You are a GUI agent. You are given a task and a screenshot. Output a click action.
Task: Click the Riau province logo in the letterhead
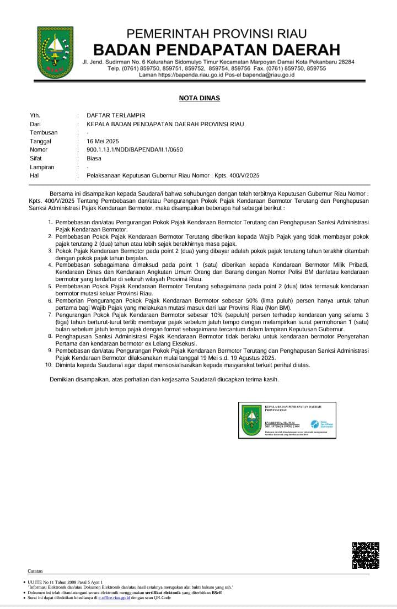coord(55,52)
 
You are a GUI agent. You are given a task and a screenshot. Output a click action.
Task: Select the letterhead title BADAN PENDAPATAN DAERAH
coord(216,48)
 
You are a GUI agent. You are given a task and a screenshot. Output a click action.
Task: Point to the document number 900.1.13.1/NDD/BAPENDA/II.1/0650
coord(135,149)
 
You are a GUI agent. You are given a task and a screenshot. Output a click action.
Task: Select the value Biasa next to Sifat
coord(94,158)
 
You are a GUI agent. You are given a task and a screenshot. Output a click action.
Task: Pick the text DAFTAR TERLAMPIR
coord(116,115)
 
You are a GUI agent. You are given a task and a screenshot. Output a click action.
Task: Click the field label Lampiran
coord(42,167)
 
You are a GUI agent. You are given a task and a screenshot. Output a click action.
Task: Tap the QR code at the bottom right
coord(366,555)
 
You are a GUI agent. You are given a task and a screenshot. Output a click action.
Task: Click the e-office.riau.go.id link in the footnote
coord(114,597)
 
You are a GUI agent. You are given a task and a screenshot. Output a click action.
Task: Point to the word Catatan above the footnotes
coord(35,571)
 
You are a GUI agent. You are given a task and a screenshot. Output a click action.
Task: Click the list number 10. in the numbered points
coord(49,365)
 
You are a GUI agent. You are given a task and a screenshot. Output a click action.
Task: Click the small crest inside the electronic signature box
coord(252,420)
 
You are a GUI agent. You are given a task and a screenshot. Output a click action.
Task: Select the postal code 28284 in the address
coord(345,62)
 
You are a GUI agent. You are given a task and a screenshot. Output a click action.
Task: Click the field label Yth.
coord(35,115)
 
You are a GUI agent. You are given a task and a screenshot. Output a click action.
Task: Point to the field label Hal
coord(34,175)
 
